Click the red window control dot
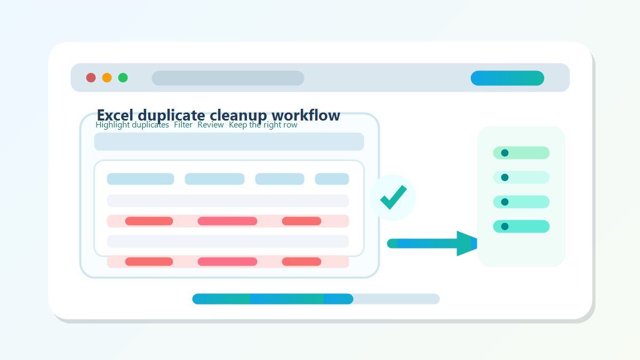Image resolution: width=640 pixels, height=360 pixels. click(91, 78)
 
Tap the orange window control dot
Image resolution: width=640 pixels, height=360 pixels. click(107, 78)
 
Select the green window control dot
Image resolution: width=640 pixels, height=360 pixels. click(123, 78)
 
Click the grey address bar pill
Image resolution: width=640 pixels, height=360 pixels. click(228, 78)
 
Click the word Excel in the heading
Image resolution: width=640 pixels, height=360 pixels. click(115, 115)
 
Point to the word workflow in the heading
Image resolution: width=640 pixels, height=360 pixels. click(306, 115)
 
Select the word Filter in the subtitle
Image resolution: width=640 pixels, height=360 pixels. click(183, 125)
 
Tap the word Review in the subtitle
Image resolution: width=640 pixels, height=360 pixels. click(211, 125)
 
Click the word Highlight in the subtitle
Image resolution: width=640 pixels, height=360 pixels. click(113, 125)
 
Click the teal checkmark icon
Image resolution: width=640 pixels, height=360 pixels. click(394, 197)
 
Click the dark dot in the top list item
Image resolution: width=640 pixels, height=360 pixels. click(505, 153)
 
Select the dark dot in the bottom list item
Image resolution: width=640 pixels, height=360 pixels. click(505, 226)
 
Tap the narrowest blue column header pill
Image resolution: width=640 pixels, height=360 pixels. click(332, 179)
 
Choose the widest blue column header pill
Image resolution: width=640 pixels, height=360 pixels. click(140, 179)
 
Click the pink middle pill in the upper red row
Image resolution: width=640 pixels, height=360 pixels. click(227, 221)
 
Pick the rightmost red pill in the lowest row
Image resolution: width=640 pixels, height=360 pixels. click(301, 261)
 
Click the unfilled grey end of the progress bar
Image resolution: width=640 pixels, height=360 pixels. click(397, 299)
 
